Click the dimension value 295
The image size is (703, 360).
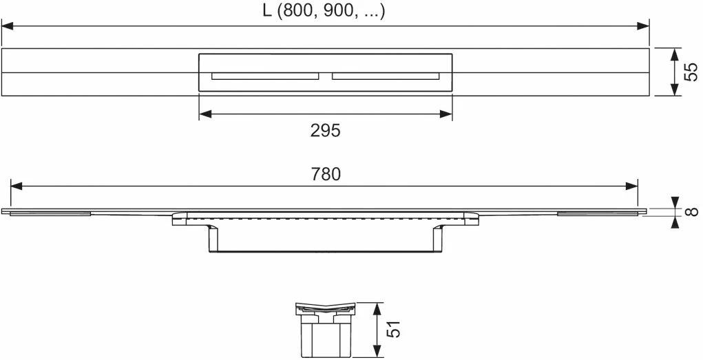325,131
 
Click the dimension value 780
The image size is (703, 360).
325,174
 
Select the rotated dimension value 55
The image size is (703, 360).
691,72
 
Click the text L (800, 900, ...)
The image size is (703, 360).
325,12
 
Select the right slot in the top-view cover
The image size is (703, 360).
386,76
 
